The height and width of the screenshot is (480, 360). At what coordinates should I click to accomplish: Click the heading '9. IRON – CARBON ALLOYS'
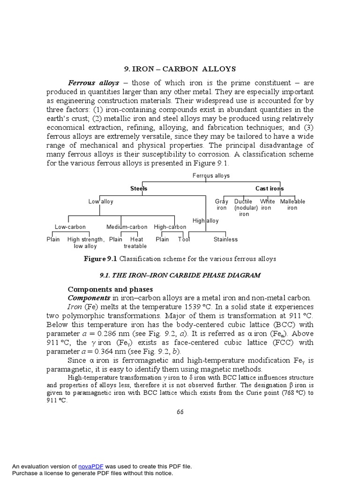pos(180,69)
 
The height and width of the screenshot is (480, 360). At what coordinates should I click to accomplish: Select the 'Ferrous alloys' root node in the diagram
pos(211,175)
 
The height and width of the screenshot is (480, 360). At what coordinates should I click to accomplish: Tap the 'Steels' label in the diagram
pos(139,188)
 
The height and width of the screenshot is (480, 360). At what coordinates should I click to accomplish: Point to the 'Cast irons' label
pos(270,188)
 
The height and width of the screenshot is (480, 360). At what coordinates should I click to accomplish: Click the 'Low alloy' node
pos(101,202)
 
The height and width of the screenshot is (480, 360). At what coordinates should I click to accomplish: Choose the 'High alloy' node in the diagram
pos(205,221)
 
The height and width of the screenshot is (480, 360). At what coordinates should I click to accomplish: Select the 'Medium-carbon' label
pos(127,227)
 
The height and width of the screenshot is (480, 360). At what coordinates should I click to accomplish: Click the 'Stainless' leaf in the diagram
pos(225,240)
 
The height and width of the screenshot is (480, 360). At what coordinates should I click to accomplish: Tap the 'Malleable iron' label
pos(292,204)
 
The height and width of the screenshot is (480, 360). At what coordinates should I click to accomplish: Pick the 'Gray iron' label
pos(222,204)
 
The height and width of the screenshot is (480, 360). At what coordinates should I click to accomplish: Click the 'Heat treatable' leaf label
pos(135,242)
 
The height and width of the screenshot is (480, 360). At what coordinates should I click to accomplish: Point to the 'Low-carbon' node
pos(70,227)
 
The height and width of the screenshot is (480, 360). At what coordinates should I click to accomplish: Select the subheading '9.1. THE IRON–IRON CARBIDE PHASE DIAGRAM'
pos(180,275)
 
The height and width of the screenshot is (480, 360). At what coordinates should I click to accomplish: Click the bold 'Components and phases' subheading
pos(110,289)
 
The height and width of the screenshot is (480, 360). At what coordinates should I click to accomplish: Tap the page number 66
pos(180,412)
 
